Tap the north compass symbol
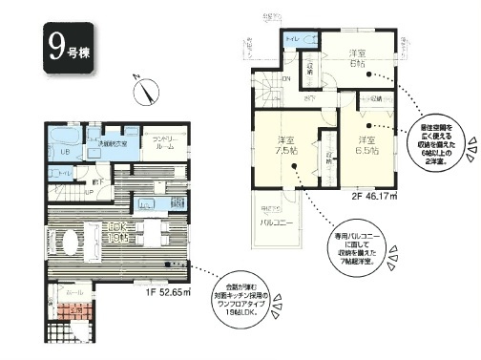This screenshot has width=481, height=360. (x=147, y=92)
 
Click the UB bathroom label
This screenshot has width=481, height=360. (x=66, y=153)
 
